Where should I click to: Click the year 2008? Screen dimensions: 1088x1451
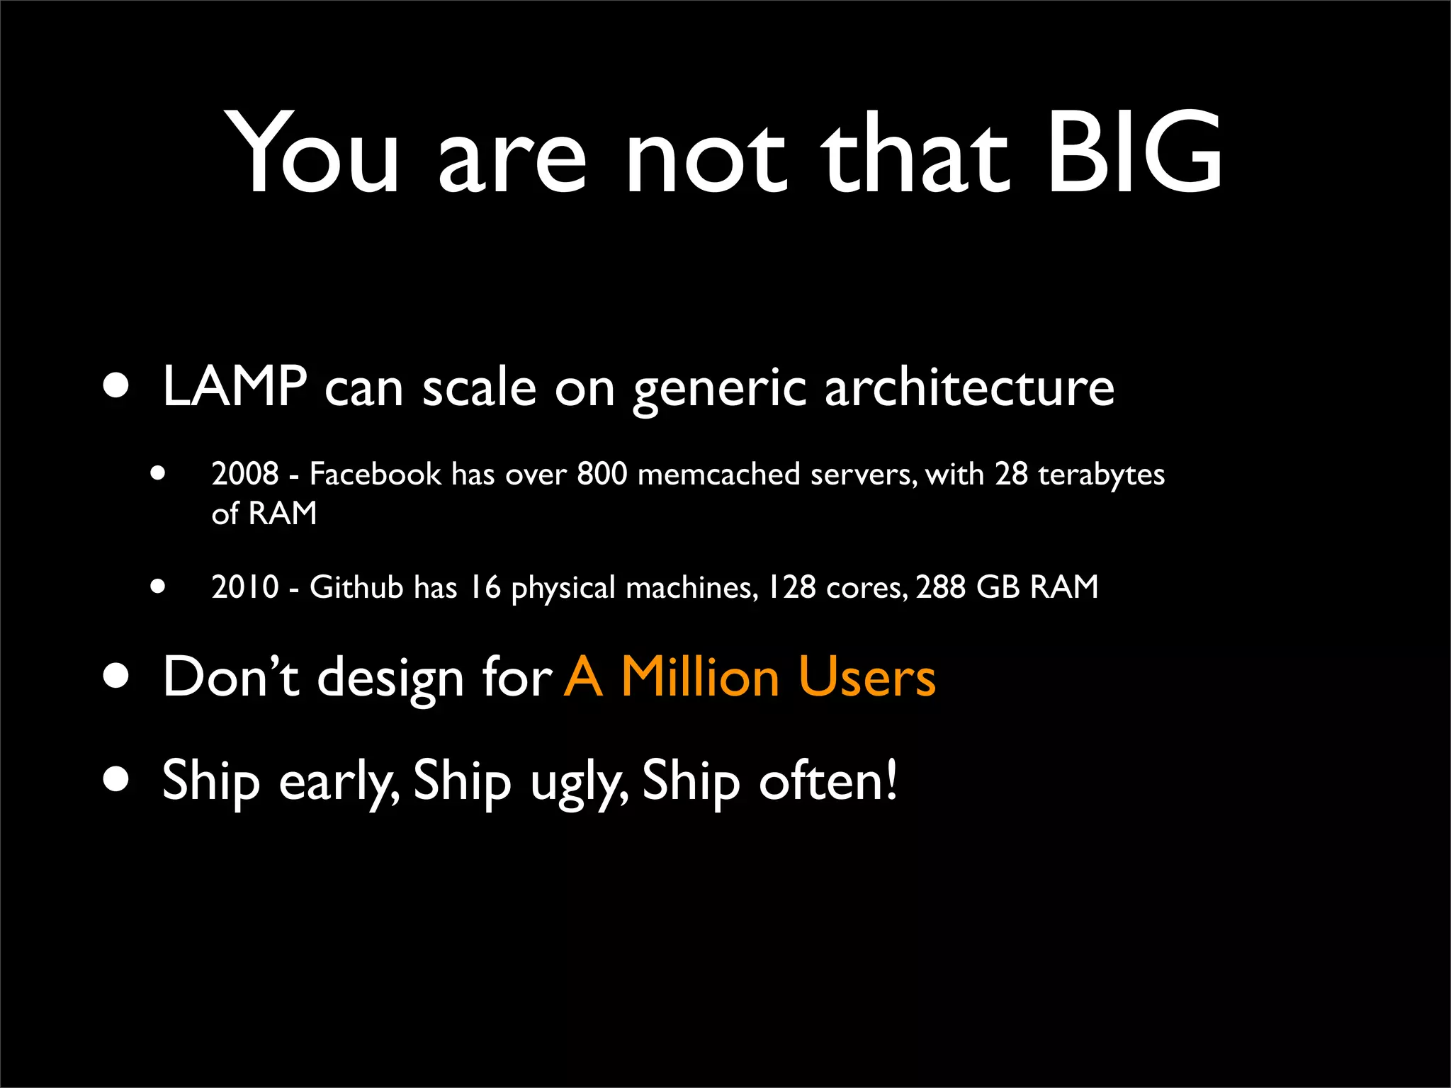(x=245, y=474)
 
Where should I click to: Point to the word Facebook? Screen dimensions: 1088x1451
(x=375, y=474)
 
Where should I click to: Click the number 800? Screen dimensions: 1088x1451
(x=602, y=474)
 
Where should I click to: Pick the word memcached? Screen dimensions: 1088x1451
(x=718, y=474)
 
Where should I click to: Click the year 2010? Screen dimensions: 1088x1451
(x=245, y=587)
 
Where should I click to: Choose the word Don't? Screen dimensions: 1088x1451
(x=231, y=677)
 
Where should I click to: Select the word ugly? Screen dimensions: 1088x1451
(x=577, y=783)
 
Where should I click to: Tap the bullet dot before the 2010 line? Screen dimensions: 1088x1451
(x=157, y=586)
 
